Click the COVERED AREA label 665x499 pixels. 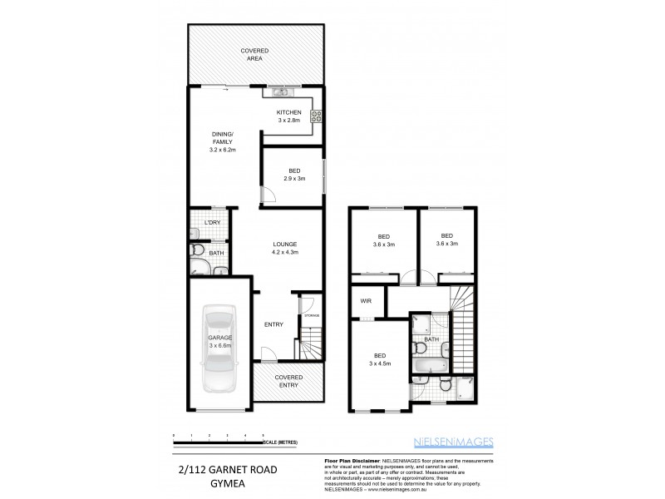click(x=254, y=55)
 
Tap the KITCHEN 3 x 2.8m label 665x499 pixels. click(x=288, y=116)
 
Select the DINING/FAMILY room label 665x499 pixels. click(x=222, y=142)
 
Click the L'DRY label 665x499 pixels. click(x=212, y=223)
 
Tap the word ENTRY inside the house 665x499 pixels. click(x=274, y=324)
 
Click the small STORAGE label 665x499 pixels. click(x=309, y=316)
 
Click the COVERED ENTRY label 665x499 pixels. click(x=289, y=381)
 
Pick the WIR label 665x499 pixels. click(x=365, y=302)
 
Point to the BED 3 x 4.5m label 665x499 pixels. click(x=380, y=360)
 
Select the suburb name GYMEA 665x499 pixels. click(x=224, y=482)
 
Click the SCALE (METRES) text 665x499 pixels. click(x=279, y=442)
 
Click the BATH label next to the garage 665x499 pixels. click(x=216, y=253)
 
